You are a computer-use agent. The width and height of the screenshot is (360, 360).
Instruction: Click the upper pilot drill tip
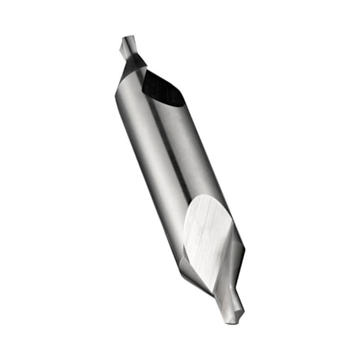128,49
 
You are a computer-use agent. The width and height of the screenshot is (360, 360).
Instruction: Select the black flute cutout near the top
163,88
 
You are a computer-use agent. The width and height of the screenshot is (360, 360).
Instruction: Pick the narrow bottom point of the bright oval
213,282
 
